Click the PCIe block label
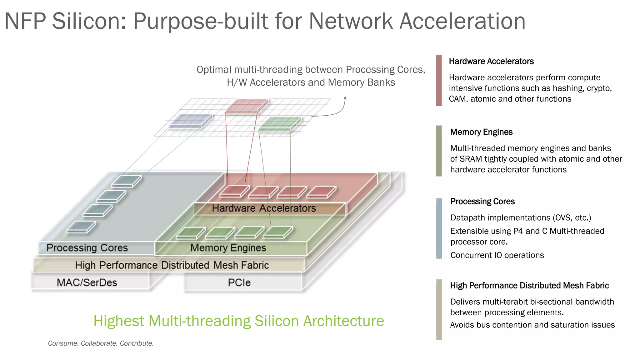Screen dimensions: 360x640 click(239, 282)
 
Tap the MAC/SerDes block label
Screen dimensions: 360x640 click(87, 282)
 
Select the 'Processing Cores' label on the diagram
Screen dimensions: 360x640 click(87, 248)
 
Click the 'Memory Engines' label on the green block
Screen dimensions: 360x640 click(228, 248)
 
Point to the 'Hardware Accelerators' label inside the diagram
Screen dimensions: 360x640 click(264, 208)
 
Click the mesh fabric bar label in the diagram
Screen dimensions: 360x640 click(172, 265)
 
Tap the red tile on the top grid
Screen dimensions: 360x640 click(247, 106)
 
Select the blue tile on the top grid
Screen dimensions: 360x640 click(190, 121)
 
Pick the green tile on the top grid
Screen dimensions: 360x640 click(280, 123)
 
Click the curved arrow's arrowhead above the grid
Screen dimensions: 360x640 click(345, 98)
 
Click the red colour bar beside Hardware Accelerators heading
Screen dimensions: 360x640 click(439, 80)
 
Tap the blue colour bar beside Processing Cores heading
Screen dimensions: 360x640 click(439, 228)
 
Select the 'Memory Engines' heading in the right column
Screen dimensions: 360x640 click(481, 132)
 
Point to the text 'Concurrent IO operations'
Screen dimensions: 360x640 click(497, 255)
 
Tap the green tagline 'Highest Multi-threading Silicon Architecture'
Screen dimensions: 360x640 click(239, 321)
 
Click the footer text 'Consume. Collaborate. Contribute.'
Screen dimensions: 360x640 click(101, 343)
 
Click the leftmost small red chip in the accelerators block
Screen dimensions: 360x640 click(234, 191)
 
